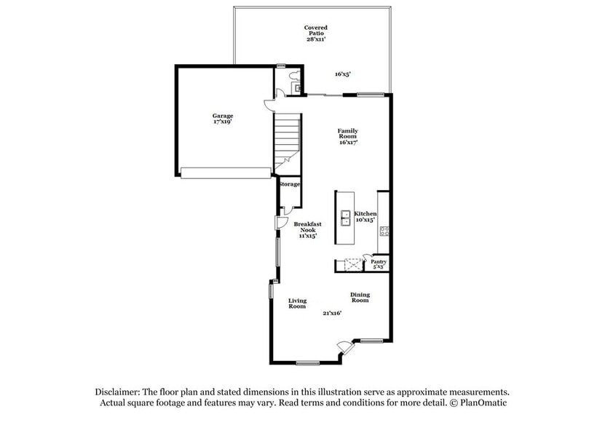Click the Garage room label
223,119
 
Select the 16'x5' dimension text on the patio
344,74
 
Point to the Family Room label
347,136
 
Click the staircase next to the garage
287,138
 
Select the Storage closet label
289,184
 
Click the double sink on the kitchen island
346,218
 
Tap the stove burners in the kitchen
384,233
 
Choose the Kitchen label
365,214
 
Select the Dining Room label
360,297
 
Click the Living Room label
297,303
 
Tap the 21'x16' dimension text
332,313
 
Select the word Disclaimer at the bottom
118,392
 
